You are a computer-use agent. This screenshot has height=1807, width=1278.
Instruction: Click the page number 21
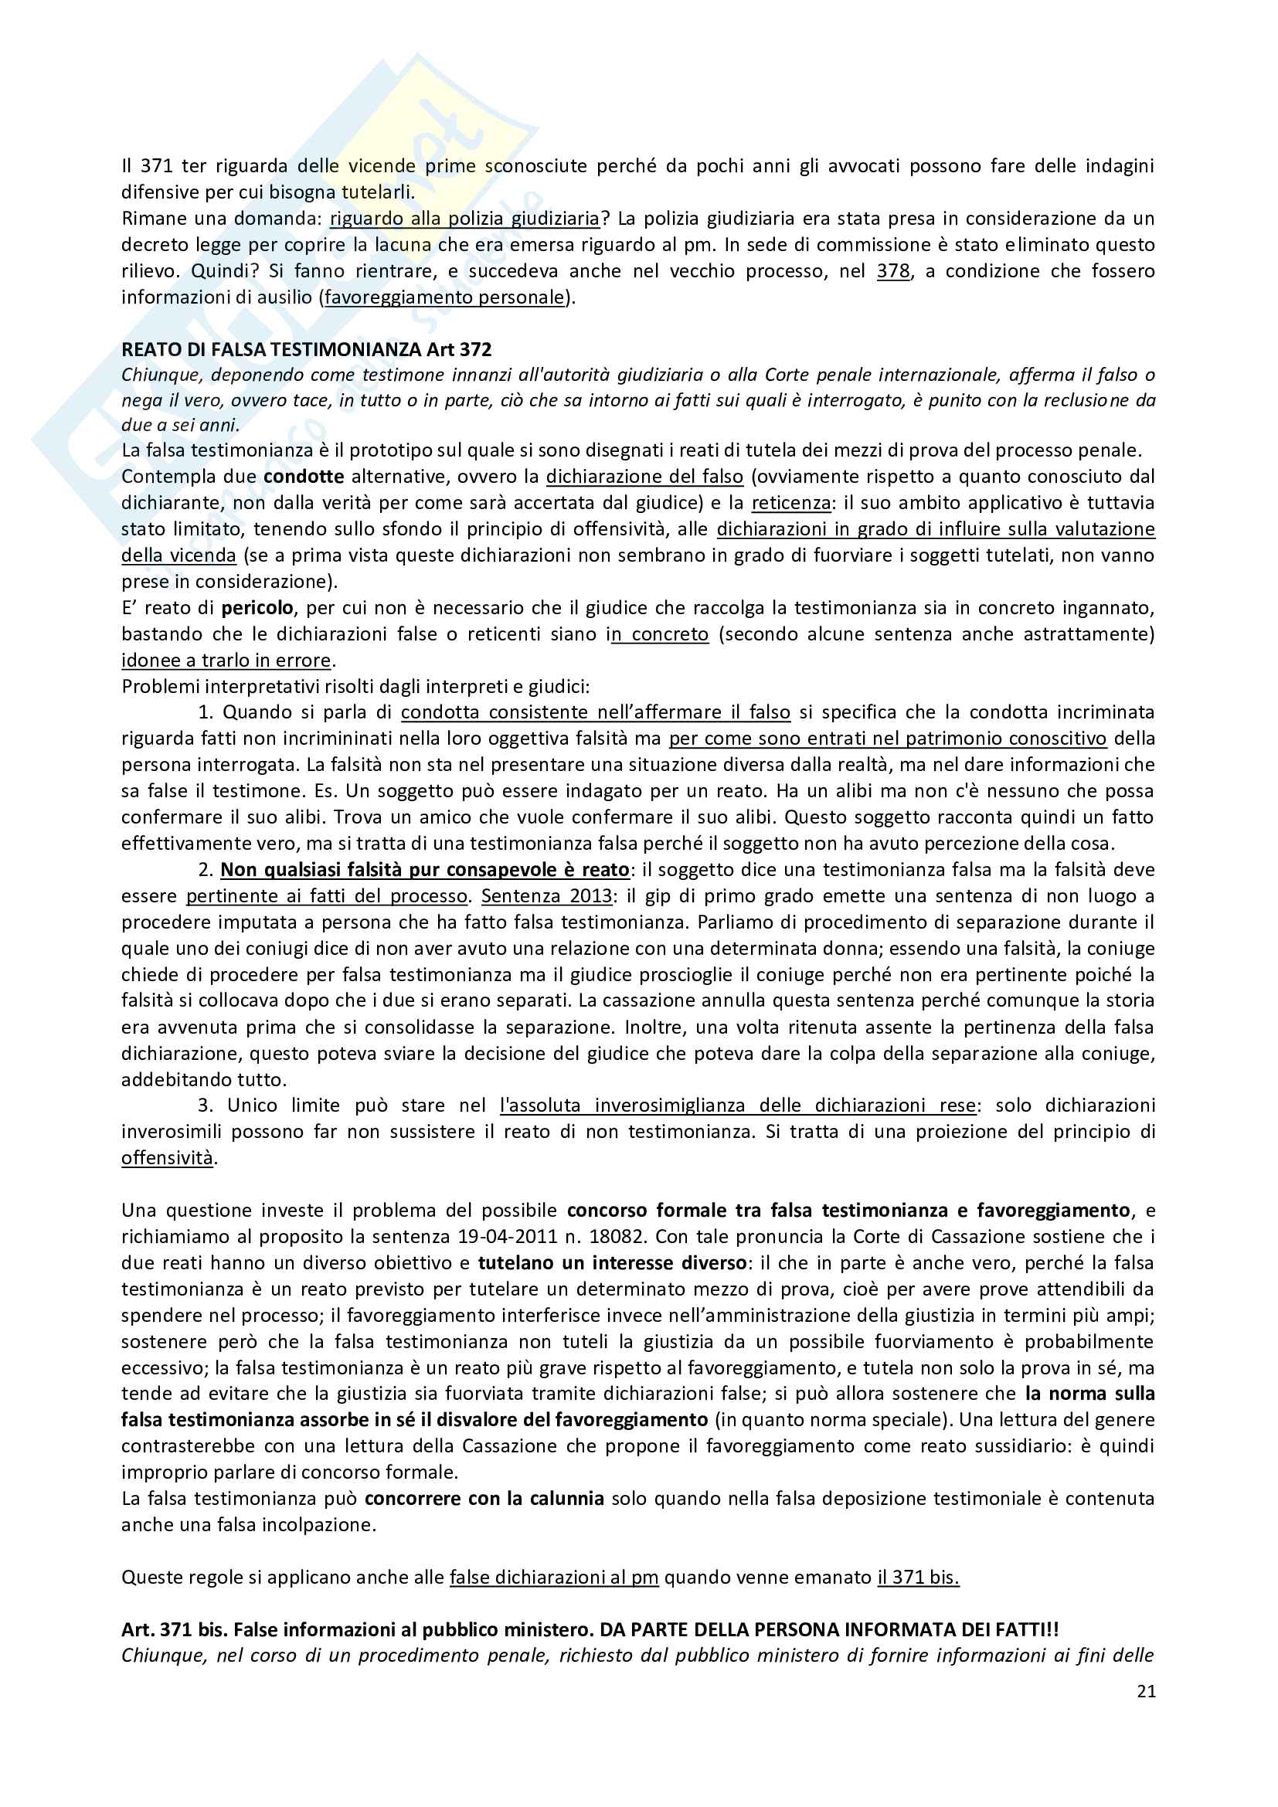pyautogui.click(x=1146, y=1692)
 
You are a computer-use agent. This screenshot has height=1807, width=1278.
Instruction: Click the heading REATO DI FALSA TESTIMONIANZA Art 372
pyautogui.click(x=306, y=348)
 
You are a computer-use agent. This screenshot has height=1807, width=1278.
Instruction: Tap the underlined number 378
pyautogui.click(x=893, y=270)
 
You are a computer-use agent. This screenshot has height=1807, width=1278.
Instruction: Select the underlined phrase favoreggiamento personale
pyautogui.click(x=444, y=297)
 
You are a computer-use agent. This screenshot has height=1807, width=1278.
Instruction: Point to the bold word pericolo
pyautogui.click(x=258, y=607)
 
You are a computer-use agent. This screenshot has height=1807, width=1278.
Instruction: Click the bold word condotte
pyautogui.click(x=304, y=476)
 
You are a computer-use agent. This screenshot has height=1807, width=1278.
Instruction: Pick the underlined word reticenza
pyautogui.click(x=790, y=503)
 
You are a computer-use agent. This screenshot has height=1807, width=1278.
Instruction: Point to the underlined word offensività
pyautogui.click(x=167, y=1158)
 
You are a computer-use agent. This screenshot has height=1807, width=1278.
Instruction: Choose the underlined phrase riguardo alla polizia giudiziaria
pyautogui.click(x=464, y=218)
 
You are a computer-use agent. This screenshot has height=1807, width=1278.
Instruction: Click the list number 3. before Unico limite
pyautogui.click(x=206, y=1105)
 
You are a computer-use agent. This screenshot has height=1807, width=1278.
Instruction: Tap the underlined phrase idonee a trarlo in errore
pyautogui.click(x=226, y=660)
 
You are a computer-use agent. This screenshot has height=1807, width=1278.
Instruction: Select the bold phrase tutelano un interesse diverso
pyautogui.click(x=612, y=1262)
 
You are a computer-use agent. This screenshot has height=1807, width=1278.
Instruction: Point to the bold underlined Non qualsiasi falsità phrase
pyautogui.click(x=424, y=870)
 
